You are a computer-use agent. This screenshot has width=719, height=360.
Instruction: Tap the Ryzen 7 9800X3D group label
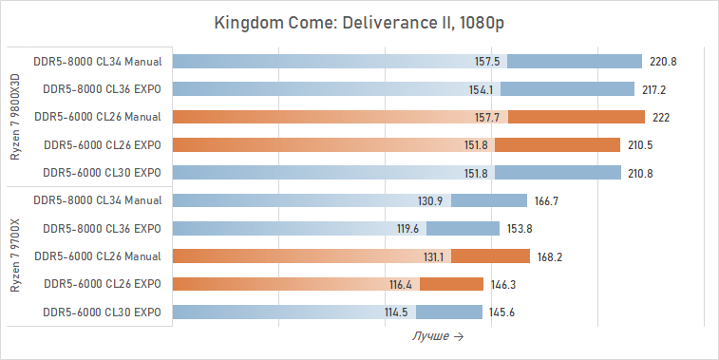tap(16, 117)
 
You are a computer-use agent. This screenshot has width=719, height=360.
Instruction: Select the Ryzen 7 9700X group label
tap(16, 256)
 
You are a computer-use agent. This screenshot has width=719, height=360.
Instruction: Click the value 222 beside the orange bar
tap(662, 117)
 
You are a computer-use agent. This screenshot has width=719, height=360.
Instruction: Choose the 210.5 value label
tap(638, 145)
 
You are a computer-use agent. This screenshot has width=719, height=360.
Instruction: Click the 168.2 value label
tap(548, 256)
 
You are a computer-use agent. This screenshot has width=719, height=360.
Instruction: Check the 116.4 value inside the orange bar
tap(401, 284)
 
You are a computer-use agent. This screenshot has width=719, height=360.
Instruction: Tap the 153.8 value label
tap(518, 229)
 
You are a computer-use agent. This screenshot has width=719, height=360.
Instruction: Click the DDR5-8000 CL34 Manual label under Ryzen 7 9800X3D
tap(97, 62)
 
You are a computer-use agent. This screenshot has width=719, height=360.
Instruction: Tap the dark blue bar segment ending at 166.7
tap(489, 200)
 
